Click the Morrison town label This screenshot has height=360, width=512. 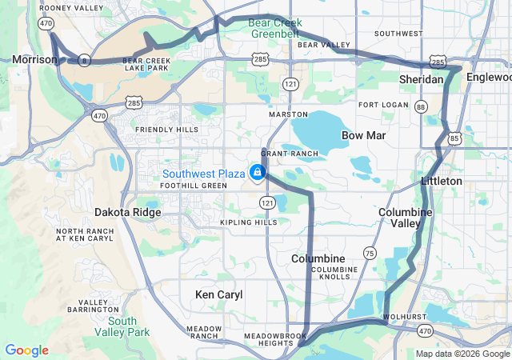point(34,59)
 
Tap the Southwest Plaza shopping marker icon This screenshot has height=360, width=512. point(257,172)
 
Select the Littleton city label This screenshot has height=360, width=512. point(442,182)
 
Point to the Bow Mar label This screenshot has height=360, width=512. point(363,136)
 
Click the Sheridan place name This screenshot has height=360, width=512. point(422,79)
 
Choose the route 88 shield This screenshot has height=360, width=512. point(422,106)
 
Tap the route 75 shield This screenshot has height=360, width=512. point(369,253)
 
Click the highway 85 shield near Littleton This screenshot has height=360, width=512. point(454,138)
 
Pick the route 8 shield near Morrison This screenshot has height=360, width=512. point(84,60)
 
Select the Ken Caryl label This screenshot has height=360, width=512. point(218,294)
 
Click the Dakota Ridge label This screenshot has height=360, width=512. point(128,213)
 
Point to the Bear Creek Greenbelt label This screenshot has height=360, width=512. point(275,28)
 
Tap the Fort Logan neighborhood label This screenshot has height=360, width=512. point(384,105)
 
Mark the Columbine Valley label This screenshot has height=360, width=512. point(405,218)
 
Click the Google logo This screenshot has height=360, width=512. point(26,350)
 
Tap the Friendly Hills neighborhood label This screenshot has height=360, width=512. point(166,130)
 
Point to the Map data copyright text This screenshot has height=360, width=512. point(462,354)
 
